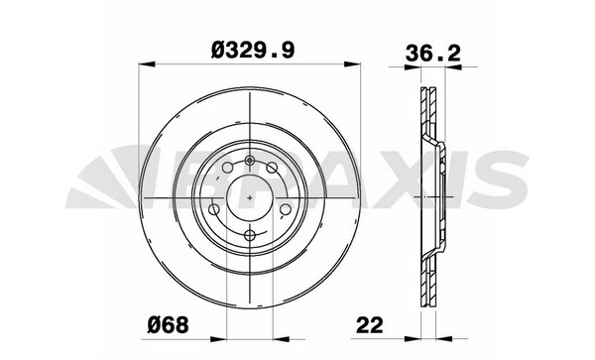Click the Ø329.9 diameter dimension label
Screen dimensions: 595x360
(252, 50)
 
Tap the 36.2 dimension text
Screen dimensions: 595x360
(432, 53)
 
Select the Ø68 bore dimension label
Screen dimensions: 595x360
(168, 324)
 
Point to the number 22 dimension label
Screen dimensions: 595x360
(370, 324)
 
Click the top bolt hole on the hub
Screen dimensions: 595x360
(249, 161)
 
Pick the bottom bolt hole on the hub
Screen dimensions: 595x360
(249, 235)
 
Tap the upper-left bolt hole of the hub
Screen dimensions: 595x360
(227, 168)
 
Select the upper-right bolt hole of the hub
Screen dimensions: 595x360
(272, 168)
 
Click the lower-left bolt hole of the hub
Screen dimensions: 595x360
(214, 209)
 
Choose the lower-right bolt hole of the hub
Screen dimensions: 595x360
(285, 209)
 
